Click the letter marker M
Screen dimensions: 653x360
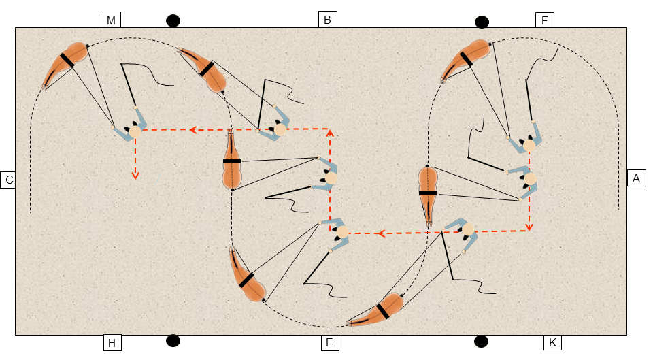[x=112, y=20]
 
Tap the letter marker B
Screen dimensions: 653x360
[x=327, y=20]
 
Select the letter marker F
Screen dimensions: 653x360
[x=545, y=20]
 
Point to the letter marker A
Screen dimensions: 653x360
[x=637, y=178]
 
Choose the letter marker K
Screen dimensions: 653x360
[x=552, y=342]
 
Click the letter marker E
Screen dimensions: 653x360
[x=330, y=342]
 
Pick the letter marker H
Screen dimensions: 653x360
[x=112, y=343]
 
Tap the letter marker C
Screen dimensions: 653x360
[x=8, y=180]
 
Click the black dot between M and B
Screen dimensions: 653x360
[x=173, y=20]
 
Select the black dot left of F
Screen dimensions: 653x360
[x=482, y=22]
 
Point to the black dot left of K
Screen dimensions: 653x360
[x=481, y=342]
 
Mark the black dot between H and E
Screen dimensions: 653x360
[x=173, y=340]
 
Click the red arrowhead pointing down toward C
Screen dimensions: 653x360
[x=135, y=175]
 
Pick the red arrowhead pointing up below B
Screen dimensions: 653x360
[x=330, y=133]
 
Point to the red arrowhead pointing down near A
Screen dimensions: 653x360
[x=529, y=227]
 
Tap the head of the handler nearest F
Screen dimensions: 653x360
[x=529, y=146]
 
